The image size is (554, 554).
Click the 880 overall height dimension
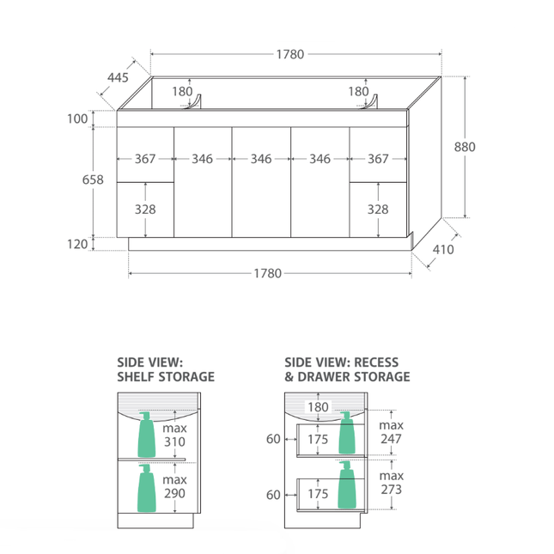pos(465,147)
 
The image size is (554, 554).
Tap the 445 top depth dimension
pos(118,77)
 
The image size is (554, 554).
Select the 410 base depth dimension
pos(443,250)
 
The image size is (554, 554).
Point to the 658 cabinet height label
pos(93,180)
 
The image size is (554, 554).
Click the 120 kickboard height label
pos(77,244)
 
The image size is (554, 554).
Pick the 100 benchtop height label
pos(77,119)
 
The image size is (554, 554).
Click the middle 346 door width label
pos(261,159)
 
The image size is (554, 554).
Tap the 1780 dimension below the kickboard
pos(268,273)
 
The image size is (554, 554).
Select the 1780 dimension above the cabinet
pos(290,54)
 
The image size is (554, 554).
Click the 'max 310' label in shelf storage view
pos(174,435)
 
